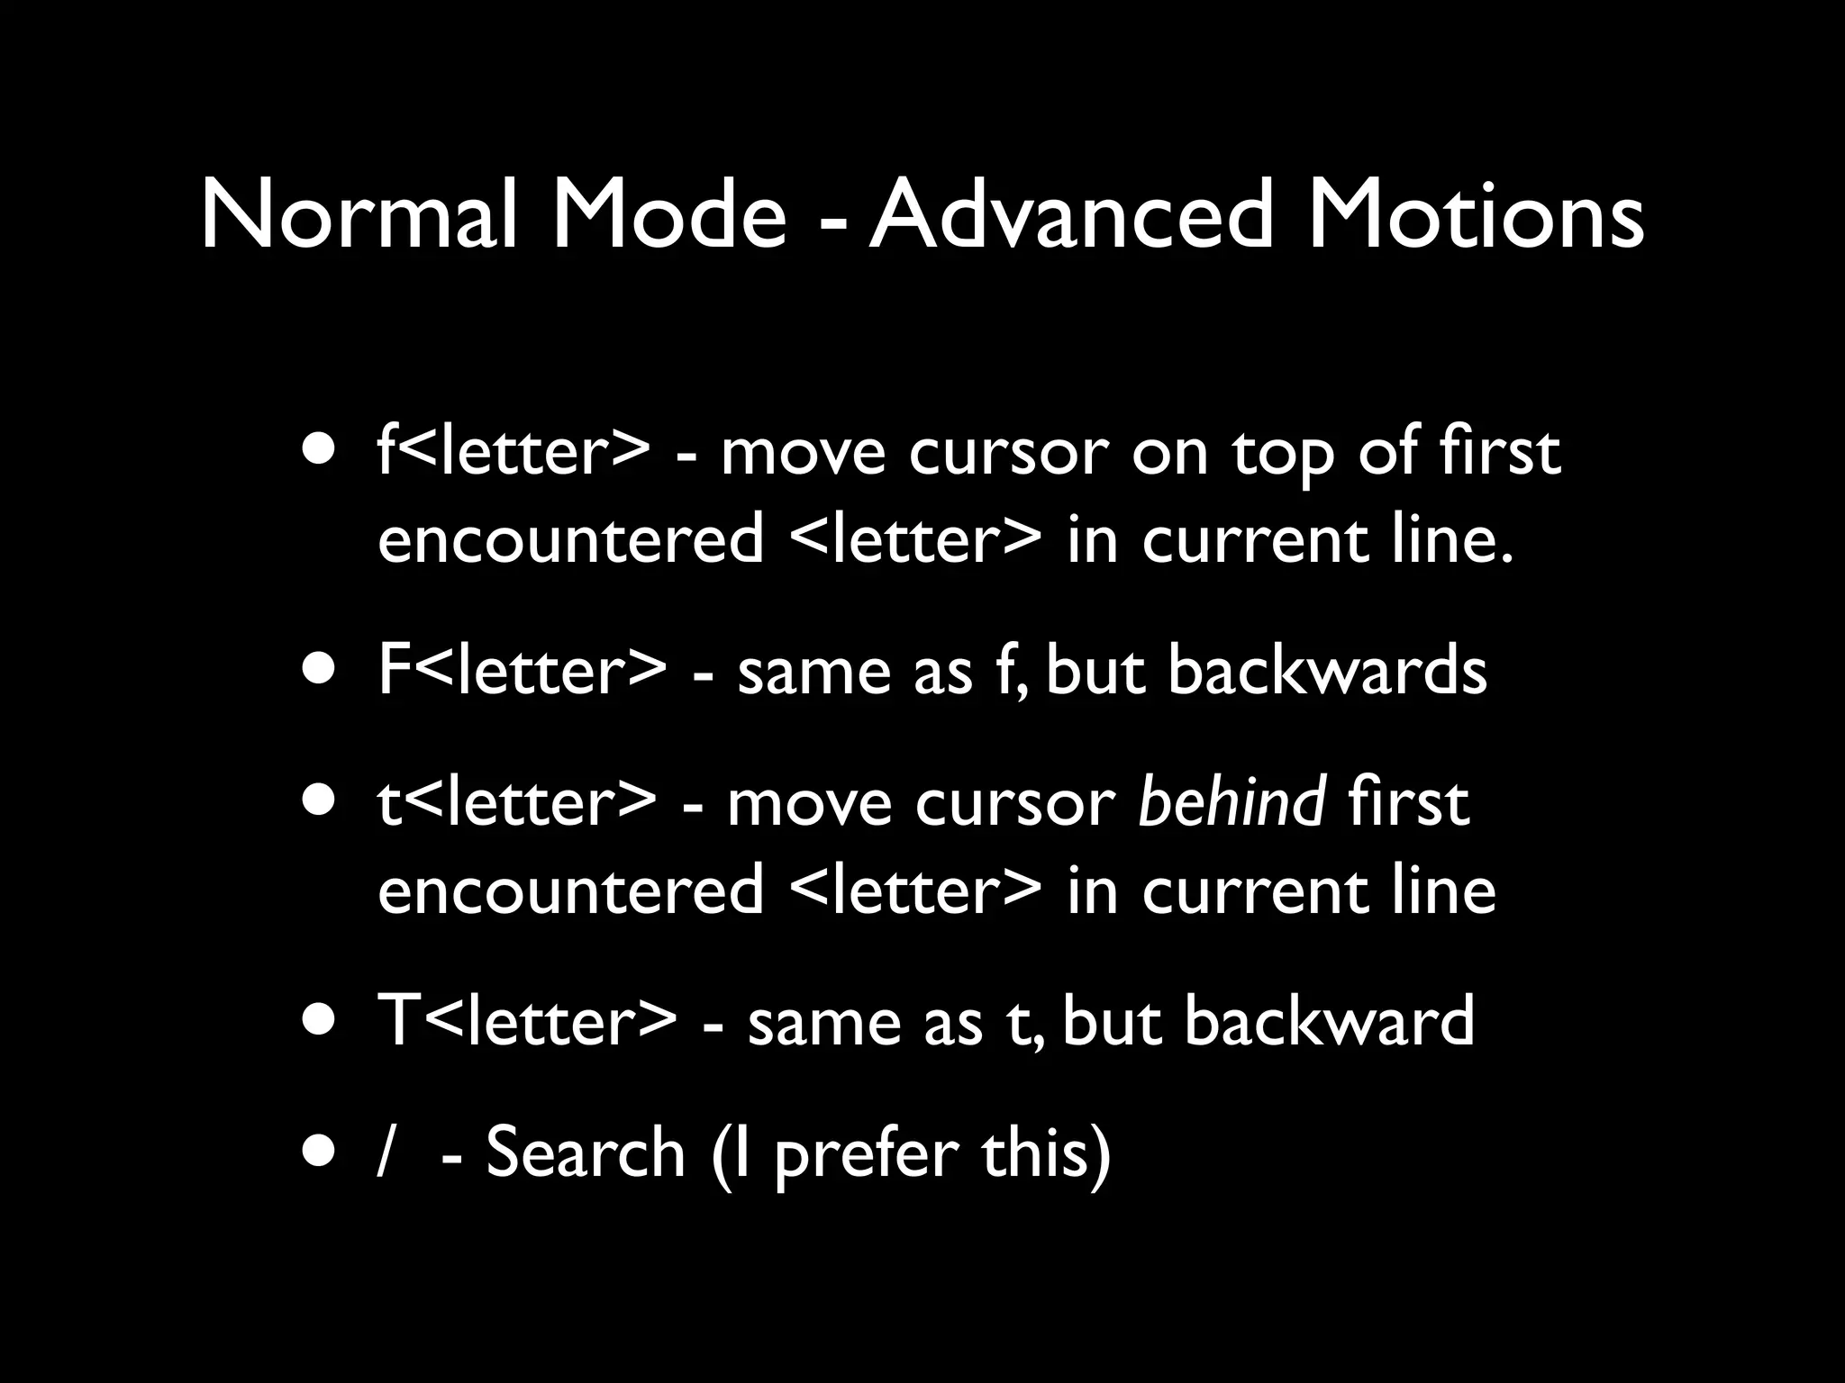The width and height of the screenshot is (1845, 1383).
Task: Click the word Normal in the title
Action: point(359,216)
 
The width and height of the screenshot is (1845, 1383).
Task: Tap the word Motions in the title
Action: point(1476,216)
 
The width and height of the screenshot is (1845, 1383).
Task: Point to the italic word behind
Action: point(1232,801)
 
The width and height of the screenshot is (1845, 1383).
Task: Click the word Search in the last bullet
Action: point(586,1152)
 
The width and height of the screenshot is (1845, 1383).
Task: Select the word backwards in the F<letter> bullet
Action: point(1327,671)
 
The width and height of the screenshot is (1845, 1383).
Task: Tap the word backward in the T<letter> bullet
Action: point(1329,1020)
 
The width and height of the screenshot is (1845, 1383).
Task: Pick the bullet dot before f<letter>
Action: point(322,449)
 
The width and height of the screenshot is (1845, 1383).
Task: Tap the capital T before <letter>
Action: point(396,1020)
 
